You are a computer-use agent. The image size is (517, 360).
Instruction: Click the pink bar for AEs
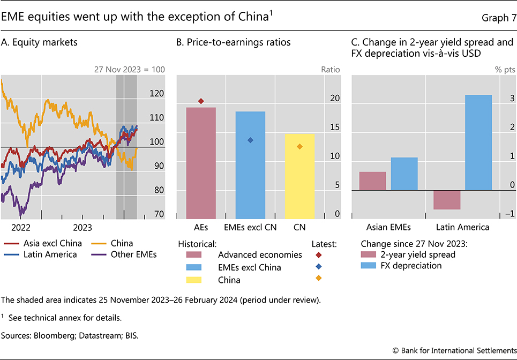click(x=200, y=162)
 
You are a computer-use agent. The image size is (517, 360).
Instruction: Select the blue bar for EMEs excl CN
click(x=250, y=164)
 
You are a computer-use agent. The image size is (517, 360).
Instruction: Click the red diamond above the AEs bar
click(x=201, y=101)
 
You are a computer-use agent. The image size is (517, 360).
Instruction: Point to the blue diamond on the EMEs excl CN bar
click(x=250, y=140)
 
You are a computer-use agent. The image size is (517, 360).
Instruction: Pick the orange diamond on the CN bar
click(x=299, y=146)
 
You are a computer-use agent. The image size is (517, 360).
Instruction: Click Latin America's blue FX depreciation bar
click(x=478, y=142)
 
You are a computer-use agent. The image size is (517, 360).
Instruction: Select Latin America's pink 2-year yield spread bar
click(x=447, y=200)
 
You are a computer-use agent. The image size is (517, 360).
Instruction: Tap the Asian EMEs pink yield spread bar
click(x=372, y=181)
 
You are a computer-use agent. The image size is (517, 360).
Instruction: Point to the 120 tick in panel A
click(x=157, y=93)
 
